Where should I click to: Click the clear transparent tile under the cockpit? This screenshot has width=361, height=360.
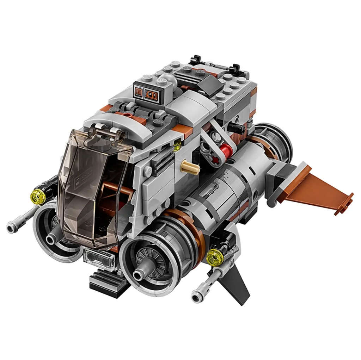[99, 260]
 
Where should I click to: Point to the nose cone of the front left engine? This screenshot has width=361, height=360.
[52, 239]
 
